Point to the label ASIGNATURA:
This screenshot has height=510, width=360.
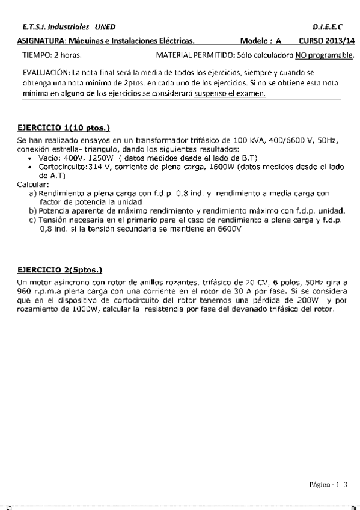click(40, 41)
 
